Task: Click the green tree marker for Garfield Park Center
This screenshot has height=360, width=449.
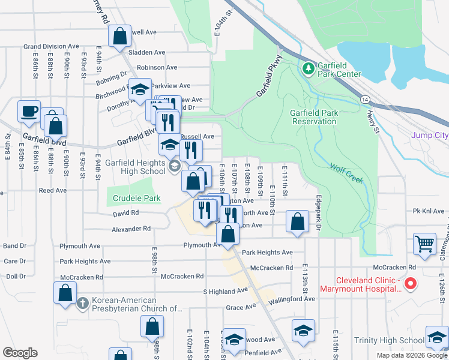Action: (309, 68)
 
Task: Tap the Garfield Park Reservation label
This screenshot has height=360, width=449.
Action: (313, 117)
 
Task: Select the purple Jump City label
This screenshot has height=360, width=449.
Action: (429, 136)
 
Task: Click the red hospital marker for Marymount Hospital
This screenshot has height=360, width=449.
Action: (411, 283)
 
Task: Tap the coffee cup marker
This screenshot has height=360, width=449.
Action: (29, 112)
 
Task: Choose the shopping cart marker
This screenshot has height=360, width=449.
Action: (424, 244)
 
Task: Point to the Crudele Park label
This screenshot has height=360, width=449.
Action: (137, 198)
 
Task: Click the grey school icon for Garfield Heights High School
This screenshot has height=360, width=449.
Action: (174, 166)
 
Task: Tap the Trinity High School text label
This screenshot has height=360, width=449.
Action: (389, 340)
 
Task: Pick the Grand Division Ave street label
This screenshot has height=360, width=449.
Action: (51, 46)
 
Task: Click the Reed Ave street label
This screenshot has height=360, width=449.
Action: (52, 190)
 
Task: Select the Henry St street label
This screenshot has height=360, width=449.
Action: (373, 124)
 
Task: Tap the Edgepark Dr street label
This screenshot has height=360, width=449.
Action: (318, 214)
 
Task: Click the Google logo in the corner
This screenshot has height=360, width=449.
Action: (20, 352)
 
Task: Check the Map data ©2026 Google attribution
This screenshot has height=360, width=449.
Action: (412, 355)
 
